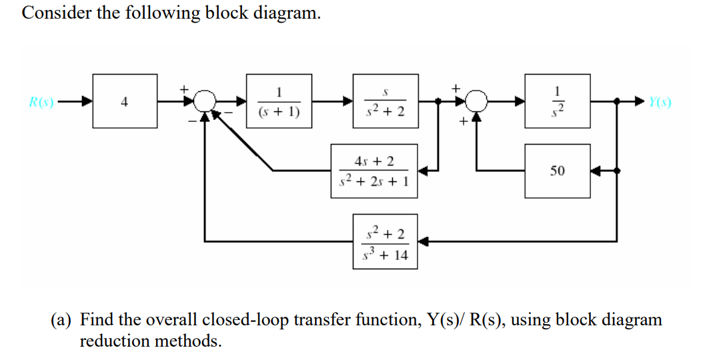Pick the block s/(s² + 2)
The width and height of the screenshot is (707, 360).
(385, 101)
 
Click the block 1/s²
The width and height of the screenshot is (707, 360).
(557, 101)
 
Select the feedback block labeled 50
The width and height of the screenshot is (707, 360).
(557, 171)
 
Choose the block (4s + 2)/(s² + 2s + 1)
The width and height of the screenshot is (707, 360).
(375, 171)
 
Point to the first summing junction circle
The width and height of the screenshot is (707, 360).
(205, 102)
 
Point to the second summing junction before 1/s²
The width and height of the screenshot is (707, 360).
(476, 102)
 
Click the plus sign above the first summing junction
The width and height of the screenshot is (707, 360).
(188, 87)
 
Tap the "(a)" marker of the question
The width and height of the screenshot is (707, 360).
(63, 320)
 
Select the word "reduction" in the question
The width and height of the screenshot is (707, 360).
(111, 341)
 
